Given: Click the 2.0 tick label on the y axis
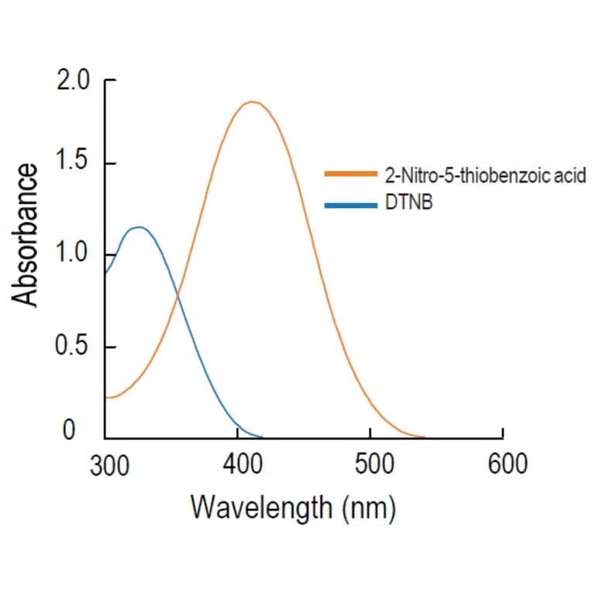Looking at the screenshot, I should click(x=74, y=81).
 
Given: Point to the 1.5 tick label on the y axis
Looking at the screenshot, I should click(x=74, y=163).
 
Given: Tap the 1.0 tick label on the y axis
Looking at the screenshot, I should click(x=74, y=254).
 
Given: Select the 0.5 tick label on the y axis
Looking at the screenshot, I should click(x=74, y=346).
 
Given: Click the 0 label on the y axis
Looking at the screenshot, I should click(x=69, y=430).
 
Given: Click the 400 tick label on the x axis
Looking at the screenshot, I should click(x=239, y=464).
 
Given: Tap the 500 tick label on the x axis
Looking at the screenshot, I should click(x=370, y=464).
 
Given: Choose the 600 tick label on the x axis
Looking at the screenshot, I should click(x=503, y=464).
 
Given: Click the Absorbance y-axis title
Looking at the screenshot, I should click(x=26, y=235).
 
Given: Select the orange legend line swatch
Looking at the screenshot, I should click(x=352, y=175).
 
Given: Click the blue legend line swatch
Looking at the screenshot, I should click(x=352, y=206).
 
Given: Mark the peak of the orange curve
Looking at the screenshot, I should click(x=251, y=102).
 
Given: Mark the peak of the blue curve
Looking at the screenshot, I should click(x=139, y=227).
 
